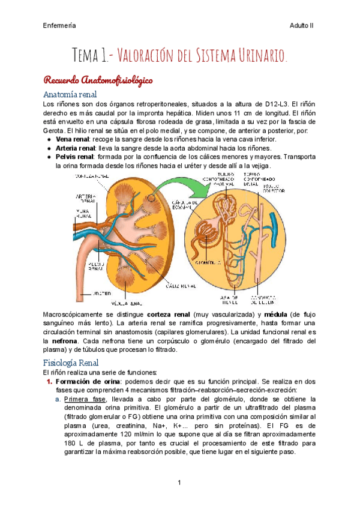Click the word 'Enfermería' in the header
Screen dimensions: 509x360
[59, 25]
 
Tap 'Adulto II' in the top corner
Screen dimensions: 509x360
[301, 25]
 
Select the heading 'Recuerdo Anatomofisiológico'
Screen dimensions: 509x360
[98, 80]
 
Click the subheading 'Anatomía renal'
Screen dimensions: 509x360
[70, 94]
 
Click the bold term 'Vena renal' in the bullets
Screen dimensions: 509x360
[73, 139]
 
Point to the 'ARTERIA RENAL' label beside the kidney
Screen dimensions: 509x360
[85, 199]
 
